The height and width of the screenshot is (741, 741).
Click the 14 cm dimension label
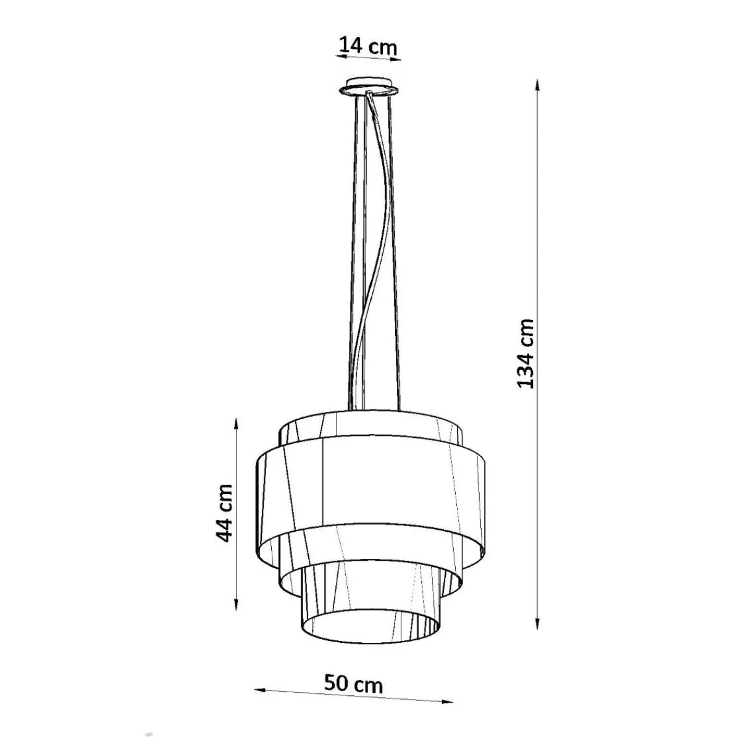coord(367,46)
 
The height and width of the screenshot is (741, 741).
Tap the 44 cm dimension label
coord(224,513)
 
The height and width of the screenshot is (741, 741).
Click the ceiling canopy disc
coord(369,87)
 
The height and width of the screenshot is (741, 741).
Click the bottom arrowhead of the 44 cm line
coord(236,614)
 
